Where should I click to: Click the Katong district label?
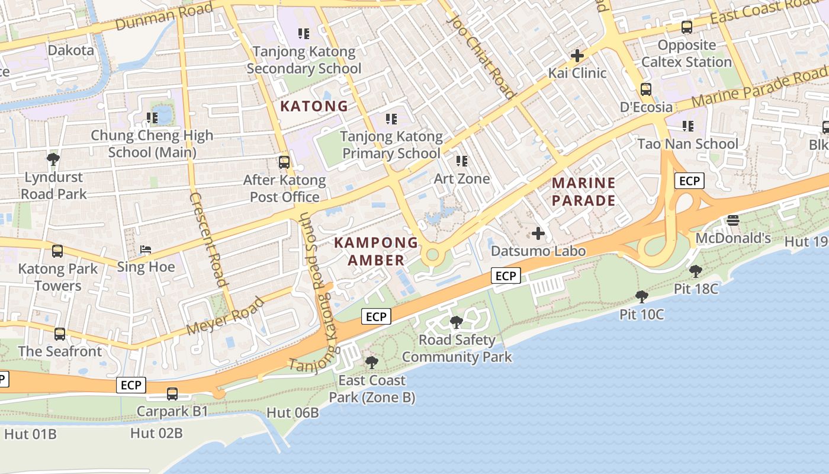pos(314,107)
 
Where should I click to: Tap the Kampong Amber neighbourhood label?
pos(376,251)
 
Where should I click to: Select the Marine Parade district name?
pos(584,191)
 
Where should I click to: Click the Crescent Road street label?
pos(208,239)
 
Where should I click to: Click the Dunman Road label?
pos(164,17)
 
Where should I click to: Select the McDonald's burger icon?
pos(733,220)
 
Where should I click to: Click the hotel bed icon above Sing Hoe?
pos(146,249)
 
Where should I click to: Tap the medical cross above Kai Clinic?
pos(577,56)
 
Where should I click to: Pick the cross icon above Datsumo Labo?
pos(538,233)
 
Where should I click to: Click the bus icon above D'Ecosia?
pos(646,89)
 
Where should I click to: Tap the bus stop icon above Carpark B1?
pos(172,393)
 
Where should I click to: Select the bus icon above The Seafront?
pos(60,334)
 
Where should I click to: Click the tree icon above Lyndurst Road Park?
pos(53,159)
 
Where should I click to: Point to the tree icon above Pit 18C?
pos(696,271)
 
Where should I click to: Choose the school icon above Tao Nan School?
pos(687,126)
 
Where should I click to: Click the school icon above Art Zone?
pos(462,161)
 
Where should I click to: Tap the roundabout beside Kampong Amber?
pos(432,255)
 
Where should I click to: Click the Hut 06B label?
pos(293,413)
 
